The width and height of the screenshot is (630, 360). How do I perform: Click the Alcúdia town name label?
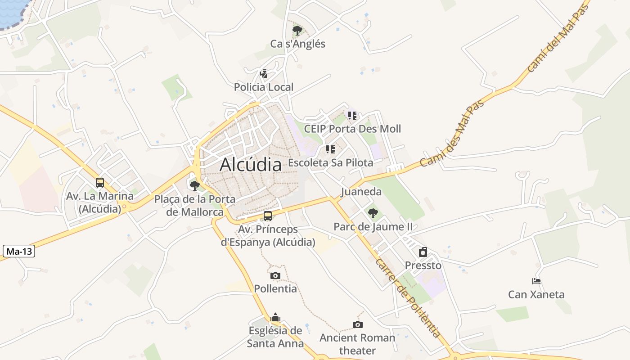(x=251, y=165)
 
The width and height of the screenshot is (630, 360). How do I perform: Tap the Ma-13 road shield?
(x=19, y=251)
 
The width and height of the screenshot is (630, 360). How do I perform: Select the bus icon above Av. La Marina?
(x=100, y=183)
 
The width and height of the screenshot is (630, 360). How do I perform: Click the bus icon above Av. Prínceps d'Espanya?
(x=268, y=216)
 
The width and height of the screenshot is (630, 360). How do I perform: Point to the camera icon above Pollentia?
(x=275, y=275)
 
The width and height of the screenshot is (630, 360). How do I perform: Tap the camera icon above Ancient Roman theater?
(x=358, y=324)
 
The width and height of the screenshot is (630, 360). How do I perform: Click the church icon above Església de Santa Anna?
(x=275, y=317)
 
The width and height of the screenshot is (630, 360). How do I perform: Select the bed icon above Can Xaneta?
(x=536, y=281)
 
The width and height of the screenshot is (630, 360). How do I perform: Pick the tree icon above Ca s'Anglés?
(x=297, y=31)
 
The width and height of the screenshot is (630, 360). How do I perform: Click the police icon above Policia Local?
(x=264, y=73)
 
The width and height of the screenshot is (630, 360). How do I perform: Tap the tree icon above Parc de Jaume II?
(x=373, y=213)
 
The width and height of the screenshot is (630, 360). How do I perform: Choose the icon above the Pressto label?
(x=423, y=252)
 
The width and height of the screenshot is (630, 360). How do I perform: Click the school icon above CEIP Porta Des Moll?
(x=352, y=116)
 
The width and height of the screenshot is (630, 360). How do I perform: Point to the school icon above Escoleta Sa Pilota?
(x=331, y=149)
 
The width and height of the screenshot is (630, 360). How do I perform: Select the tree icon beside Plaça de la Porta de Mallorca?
(x=195, y=185)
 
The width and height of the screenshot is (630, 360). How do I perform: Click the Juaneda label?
(x=361, y=192)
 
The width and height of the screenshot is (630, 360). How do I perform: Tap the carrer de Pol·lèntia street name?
(x=407, y=298)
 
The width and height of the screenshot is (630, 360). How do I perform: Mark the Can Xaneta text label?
(x=536, y=295)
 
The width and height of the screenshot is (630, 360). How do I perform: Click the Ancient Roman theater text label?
(x=357, y=344)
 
